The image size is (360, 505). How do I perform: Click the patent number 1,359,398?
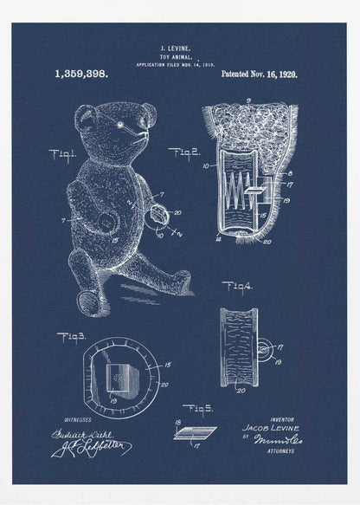pos(80,74)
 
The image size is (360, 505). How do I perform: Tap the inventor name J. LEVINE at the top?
pos(176,51)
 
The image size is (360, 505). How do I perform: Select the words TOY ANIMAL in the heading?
pos(176,58)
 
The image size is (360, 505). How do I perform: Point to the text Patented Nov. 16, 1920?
pos(259,74)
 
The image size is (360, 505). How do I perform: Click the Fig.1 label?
pos(63,156)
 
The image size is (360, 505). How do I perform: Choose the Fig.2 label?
pos(183,153)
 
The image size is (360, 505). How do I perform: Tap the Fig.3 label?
pos(71,337)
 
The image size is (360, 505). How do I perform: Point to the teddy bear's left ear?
pos(83,116)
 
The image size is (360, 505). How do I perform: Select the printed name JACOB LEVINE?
pos(271,427)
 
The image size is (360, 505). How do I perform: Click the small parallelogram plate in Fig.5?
pos(196,431)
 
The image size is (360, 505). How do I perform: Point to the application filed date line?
pos(175,65)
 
